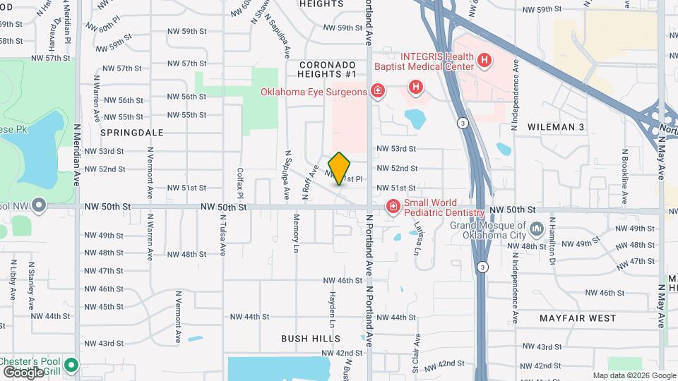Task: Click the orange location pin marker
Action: click(x=340, y=168)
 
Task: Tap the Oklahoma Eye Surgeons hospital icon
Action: click(x=378, y=90)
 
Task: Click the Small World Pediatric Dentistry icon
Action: click(x=391, y=205)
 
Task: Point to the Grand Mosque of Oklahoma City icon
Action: click(x=536, y=229)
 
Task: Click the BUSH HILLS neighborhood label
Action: click(x=311, y=339)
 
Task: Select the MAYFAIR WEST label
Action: click(x=578, y=318)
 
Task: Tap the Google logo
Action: click(x=23, y=372)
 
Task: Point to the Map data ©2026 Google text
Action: click(x=634, y=375)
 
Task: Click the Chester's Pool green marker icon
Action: click(x=71, y=365)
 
